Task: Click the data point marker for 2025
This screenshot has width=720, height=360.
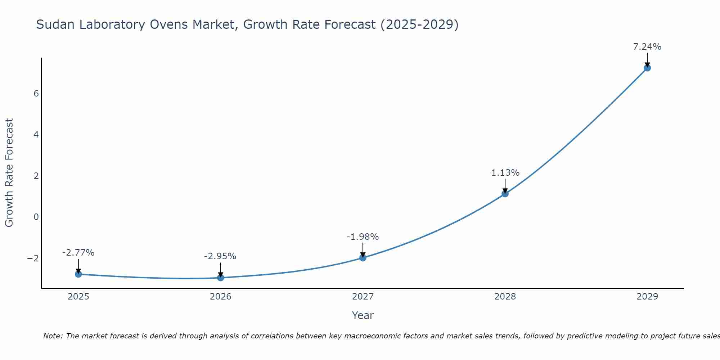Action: [78, 274]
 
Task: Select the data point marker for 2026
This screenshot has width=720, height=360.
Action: [221, 278]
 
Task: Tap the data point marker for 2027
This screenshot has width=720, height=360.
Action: [363, 258]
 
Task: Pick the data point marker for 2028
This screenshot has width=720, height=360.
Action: [505, 194]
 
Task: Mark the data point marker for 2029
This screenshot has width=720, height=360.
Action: [647, 68]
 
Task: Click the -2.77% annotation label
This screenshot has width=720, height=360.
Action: [78, 253]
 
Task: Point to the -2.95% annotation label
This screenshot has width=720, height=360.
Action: [220, 256]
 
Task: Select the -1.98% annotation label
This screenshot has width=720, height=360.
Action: [363, 237]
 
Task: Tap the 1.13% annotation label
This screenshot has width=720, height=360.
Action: [505, 173]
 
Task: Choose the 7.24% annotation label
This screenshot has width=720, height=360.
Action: [647, 47]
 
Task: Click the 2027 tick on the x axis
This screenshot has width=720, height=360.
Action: [363, 297]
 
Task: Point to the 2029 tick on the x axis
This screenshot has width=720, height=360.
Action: [647, 297]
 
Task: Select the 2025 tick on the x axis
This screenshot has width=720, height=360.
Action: [78, 297]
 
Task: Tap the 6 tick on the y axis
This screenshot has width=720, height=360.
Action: [36, 94]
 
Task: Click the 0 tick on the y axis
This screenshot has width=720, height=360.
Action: [36, 217]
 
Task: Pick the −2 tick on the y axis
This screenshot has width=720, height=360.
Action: [33, 258]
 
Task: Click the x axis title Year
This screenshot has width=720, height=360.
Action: [363, 315]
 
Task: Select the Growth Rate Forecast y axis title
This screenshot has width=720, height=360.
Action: [9, 173]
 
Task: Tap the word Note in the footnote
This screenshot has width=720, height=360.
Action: [53, 336]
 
